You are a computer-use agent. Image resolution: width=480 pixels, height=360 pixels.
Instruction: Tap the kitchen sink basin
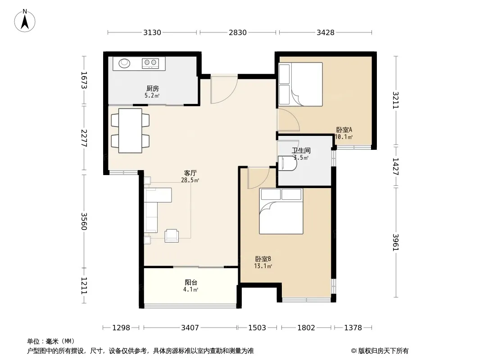(124, 63)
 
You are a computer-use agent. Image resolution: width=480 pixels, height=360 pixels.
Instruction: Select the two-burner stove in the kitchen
(150, 63)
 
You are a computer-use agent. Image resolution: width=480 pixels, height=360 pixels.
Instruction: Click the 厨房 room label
(152, 89)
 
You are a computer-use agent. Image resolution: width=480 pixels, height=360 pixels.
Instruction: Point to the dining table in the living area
(131, 130)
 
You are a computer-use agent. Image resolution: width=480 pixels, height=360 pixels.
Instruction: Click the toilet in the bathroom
(287, 163)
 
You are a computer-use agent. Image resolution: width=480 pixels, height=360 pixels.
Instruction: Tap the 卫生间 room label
(301, 150)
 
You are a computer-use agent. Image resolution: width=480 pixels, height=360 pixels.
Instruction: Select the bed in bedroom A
(301, 85)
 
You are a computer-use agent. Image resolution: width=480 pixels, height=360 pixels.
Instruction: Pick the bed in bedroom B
(281, 211)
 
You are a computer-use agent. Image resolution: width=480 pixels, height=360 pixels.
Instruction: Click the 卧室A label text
(344, 130)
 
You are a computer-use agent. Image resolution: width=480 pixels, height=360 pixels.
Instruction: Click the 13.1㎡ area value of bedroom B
(263, 266)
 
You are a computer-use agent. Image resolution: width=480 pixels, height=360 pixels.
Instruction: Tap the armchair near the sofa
(172, 235)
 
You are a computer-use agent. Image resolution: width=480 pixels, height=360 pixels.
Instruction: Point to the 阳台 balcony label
(191, 282)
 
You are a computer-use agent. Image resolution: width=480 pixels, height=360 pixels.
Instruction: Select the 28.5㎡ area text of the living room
(190, 180)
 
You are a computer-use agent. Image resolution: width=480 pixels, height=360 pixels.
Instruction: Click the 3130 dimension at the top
(152, 32)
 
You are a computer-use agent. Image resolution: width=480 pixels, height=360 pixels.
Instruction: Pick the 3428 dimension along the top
(326, 32)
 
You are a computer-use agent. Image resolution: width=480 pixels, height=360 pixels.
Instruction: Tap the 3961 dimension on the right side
(396, 242)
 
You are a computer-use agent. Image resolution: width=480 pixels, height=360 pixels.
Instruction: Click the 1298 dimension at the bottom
(121, 328)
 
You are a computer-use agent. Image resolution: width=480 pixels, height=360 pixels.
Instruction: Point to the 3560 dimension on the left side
(84, 221)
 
